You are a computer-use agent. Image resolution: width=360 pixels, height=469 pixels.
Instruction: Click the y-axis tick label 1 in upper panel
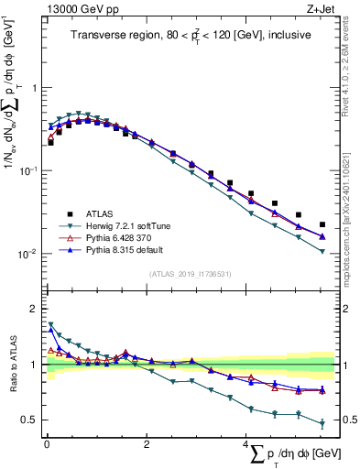click(x=34, y=88)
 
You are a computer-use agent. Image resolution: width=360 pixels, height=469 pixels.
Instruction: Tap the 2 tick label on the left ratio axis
click(x=34, y=309)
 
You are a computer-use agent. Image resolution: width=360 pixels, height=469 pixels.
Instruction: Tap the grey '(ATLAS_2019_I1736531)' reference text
click(x=190, y=274)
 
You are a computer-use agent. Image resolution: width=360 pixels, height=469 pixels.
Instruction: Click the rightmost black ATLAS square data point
click(x=322, y=224)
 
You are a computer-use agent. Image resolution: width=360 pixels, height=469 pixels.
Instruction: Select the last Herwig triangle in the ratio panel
click(x=322, y=424)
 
